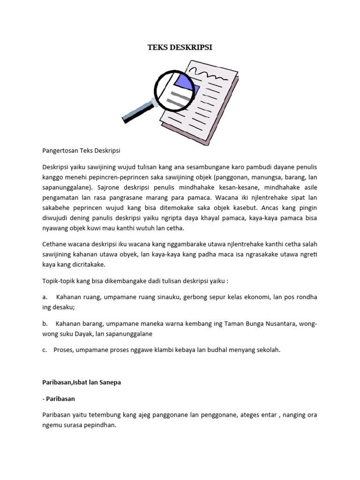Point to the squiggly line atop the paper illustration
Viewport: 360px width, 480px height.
click(x=210, y=75)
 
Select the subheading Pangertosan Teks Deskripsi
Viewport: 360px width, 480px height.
click(x=81, y=150)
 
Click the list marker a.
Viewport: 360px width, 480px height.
click(x=45, y=297)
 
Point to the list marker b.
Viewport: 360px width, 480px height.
click(x=45, y=323)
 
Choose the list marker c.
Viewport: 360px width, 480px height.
click(x=45, y=350)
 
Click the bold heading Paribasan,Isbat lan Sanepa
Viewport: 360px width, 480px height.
click(x=81, y=382)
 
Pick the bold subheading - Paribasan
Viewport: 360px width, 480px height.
click(x=59, y=398)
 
